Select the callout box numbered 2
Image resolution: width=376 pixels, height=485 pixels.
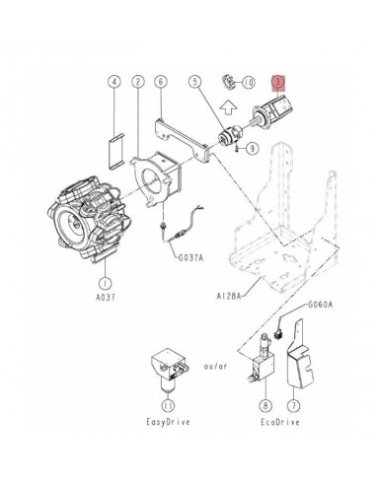coord(138,82)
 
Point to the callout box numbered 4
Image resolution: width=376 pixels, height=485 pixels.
coord(114,82)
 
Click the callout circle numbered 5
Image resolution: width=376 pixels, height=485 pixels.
coord(196,82)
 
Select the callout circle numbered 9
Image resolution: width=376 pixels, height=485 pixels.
coord(253,149)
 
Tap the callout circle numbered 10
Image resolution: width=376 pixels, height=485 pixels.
coord(248,82)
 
